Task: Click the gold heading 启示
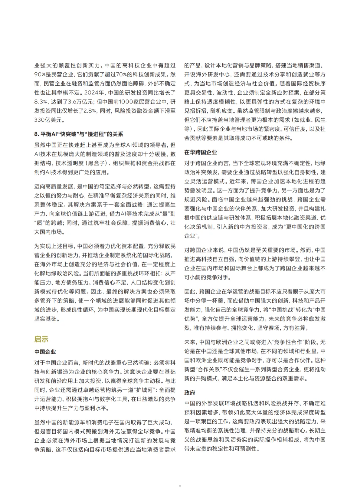[x=41, y=339]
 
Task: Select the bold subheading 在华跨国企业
[x=201, y=152]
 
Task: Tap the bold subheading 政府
[x=190, y=393]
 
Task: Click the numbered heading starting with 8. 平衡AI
[x=79, y=134]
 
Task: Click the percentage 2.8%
[x=97, y=110]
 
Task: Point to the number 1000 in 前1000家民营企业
[x=126, y=101]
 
